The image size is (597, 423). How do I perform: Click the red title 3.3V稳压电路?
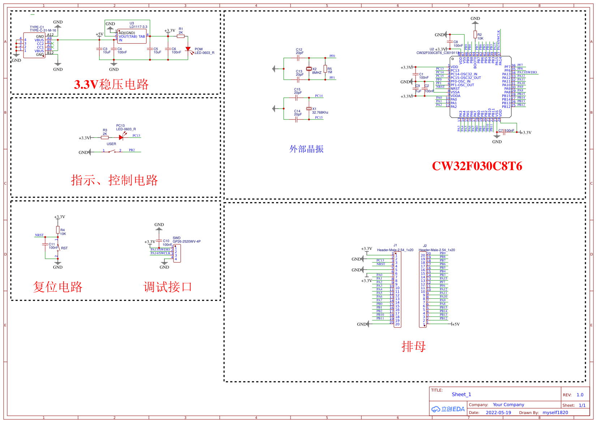[111, 84]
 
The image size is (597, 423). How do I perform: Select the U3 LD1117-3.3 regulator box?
[132, 37]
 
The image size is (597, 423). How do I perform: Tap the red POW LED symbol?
[188, 49]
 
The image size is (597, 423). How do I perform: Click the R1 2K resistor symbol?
[181, 36]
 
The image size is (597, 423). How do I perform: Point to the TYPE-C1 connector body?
[35, 45]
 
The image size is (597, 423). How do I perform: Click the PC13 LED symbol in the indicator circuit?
[121, 138]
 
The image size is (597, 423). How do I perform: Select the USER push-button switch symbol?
[112, 152]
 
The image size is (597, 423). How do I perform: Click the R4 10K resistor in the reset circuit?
[58, 230]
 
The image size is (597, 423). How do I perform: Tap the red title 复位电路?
[58, 287]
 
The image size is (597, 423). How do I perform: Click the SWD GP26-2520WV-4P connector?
[177, 253]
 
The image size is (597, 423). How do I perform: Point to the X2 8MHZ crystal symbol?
[309, 69]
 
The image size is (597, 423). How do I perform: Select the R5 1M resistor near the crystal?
[325, 69]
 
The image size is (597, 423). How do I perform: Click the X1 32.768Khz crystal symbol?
[309, 109]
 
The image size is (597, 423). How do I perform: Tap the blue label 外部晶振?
[306, 149]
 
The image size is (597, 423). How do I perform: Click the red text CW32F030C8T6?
[477, 166]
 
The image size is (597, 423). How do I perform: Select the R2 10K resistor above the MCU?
[475, 35]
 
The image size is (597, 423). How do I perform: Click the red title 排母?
[413, 347]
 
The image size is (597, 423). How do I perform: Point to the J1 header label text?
[395, 245]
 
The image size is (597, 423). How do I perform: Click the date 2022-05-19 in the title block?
[498, 413]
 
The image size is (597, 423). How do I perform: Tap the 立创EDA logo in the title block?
[448, 409]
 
